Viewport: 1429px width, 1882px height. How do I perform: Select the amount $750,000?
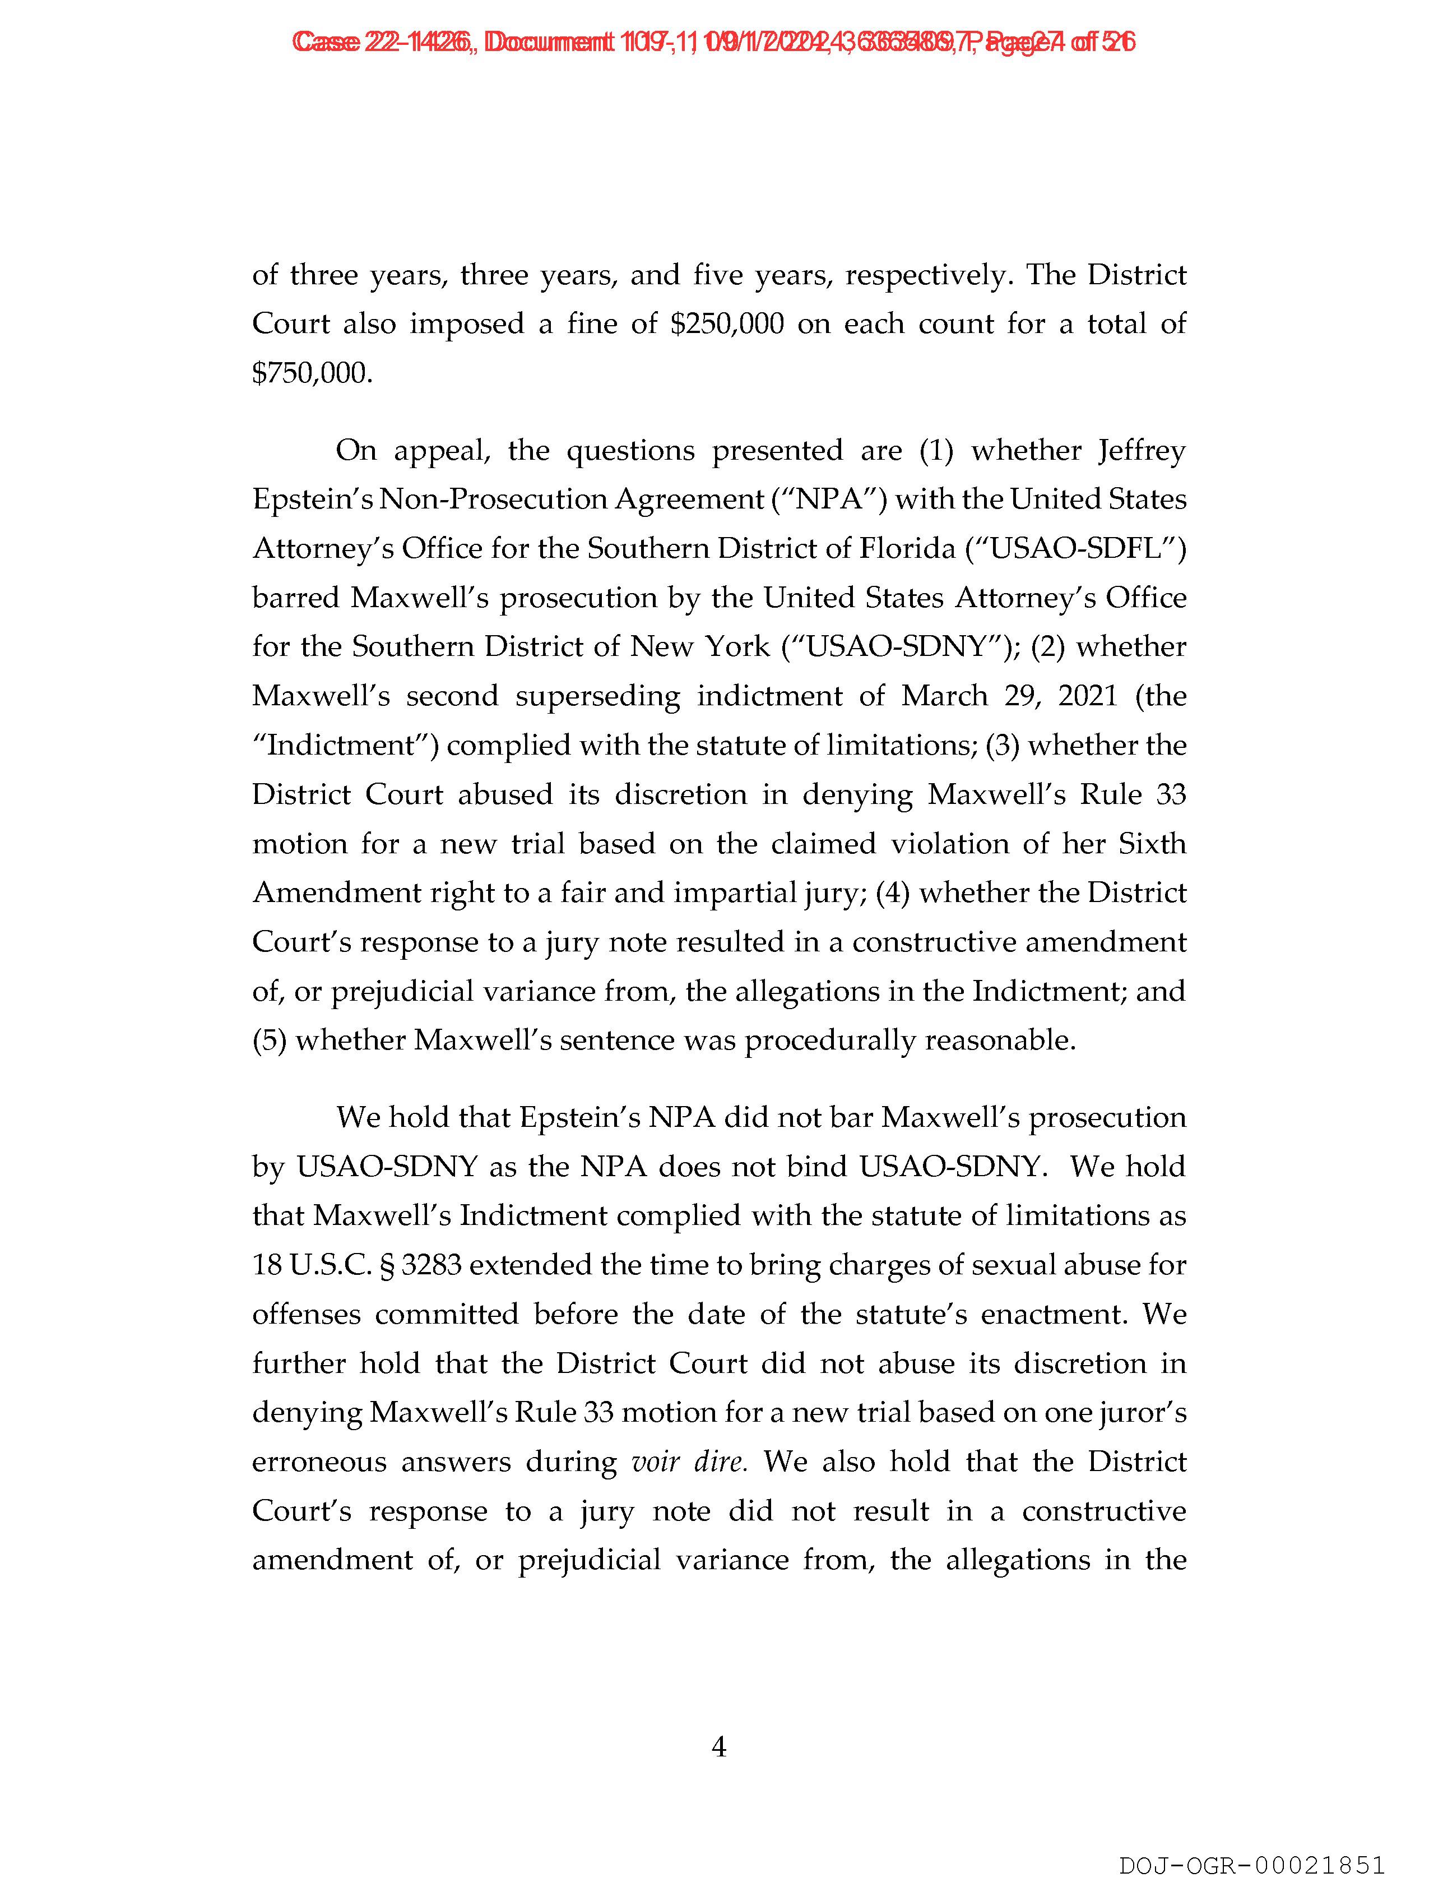312,373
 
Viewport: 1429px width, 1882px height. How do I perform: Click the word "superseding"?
597,696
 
